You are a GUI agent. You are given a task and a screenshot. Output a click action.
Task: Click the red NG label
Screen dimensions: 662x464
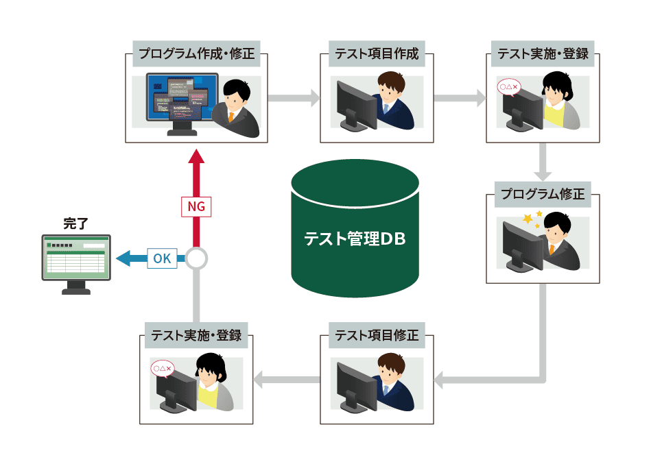pyautogui.click(x=196, y=207)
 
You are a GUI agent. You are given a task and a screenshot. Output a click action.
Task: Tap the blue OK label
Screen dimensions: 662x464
pyautogui.click(x=162, y=258)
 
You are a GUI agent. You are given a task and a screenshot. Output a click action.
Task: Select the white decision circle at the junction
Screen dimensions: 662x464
pyautogui.click(x=196, y=258)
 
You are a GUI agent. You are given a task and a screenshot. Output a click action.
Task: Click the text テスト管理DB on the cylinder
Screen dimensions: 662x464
pyautogui.click(x=355, y=239)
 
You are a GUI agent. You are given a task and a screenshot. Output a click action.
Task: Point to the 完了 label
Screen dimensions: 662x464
pyautogui.click(x=75, y=223)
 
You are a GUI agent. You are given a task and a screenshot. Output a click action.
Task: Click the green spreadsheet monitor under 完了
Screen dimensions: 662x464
pyautogui.click(x=76, y=264)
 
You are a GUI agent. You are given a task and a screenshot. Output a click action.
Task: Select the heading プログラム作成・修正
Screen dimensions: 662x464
pyautogui.click(x=196, y=53)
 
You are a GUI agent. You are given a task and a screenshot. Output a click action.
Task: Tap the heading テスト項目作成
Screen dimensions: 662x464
pyautogui.click(x=377, y=53)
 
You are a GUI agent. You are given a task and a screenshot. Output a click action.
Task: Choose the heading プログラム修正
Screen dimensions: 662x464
pyautogui.click(x=543, y=194)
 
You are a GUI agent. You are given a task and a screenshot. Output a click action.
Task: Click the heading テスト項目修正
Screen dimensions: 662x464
pyautogui.click(x=377, y=335)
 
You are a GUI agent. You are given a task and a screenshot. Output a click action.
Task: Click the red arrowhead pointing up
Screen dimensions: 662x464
pyautogui.click(x=196, y=156)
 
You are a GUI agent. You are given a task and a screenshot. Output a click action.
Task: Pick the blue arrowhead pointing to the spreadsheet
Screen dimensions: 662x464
pyautogui.click(x=123, y=258)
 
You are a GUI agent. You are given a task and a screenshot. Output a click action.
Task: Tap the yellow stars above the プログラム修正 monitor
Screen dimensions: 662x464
pyautogui.click(x=532, y=219)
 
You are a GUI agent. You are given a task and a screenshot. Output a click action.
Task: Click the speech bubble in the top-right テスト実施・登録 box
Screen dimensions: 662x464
pyautogui.click(x=509, y=88)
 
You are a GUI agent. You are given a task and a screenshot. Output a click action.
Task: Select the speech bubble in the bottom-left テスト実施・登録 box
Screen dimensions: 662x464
pyautogui.click(x=163, y=369)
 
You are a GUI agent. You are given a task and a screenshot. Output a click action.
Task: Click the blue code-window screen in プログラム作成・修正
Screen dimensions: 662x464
pyautogui.click(x=182, y=97)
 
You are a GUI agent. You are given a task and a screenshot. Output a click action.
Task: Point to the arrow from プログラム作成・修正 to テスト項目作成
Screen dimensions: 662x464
pyautogui.click(x=294, y=98)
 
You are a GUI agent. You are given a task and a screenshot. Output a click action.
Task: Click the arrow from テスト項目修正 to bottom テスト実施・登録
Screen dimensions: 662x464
pyautogui.click(x=287, y=380)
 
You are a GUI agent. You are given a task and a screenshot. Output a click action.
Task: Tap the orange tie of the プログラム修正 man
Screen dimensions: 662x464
pyautogui.click(x=552, y=249)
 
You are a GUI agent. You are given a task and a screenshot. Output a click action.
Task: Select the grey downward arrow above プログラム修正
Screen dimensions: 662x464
pyautogui.click(x=543, y=162)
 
